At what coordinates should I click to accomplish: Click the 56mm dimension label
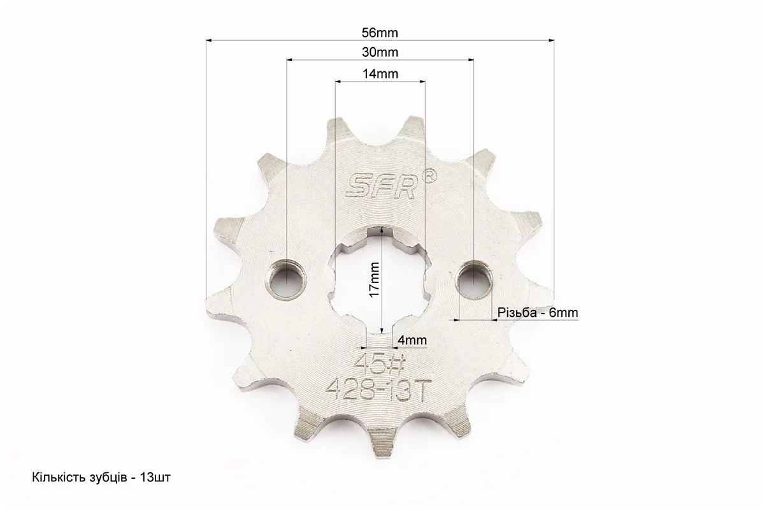[380, 33]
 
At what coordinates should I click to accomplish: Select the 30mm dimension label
[380, 52]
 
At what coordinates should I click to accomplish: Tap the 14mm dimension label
[380, 74]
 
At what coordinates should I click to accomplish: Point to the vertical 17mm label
[374, 280]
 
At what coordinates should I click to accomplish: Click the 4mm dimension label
[412, 340]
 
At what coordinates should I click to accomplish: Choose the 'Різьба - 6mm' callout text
[538, 312]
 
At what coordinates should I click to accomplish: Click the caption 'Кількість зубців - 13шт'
[101, 477]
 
